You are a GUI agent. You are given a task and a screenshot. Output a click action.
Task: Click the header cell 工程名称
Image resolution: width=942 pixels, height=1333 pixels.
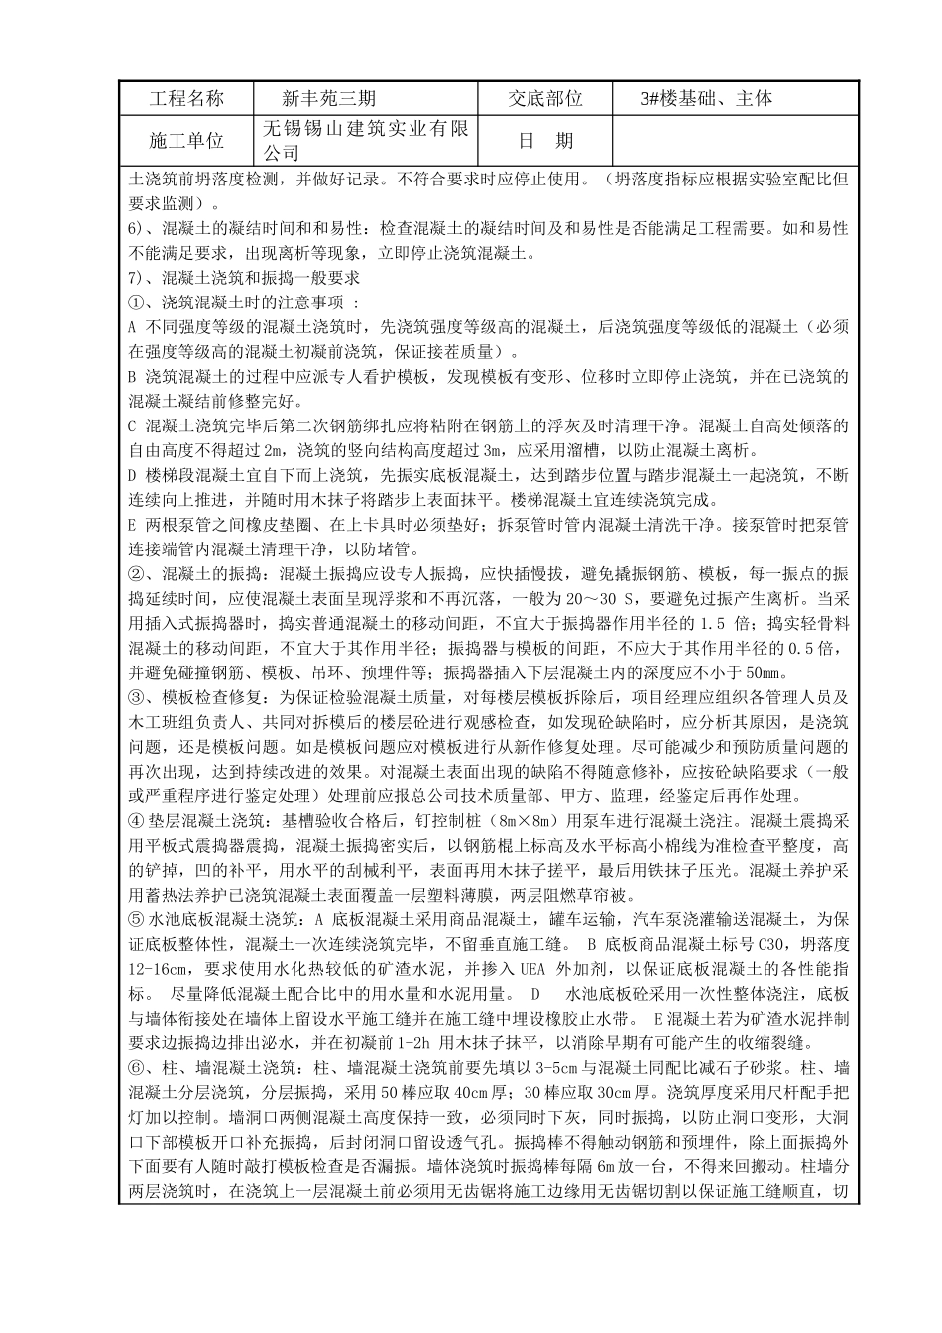pyautogui.click(x=185, y=99)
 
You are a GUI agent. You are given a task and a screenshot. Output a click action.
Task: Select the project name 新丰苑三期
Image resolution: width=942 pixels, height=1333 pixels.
pyautogui.click(x=327, y=99)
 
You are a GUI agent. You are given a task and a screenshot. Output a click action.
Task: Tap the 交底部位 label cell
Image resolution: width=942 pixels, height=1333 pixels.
pyautogui.click(x=544, y=99)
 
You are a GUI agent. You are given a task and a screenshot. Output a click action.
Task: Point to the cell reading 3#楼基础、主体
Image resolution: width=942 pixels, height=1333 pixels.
pyautogui.click(x=707, y=99)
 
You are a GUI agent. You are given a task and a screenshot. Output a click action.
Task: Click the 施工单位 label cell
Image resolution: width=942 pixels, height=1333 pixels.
pyautogui.click(x=185, y=141)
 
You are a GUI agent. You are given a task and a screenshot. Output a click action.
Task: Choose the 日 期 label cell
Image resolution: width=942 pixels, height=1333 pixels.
pyautogui.click(x=544, y=141)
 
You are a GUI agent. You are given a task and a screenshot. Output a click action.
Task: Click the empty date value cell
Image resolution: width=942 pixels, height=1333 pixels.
pyautogui.click(x=735, y=141)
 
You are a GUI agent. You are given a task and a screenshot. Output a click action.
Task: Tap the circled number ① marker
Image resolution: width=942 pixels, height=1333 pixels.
pyautogui.click(x=138, y=301)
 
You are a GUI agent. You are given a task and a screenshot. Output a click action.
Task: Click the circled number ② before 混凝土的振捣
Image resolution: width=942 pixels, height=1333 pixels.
pyautogui.click(x=138, y=574)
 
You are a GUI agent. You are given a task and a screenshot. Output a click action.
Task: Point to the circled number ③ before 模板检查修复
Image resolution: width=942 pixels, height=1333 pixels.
pyautogui.click(x=138, y=698)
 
